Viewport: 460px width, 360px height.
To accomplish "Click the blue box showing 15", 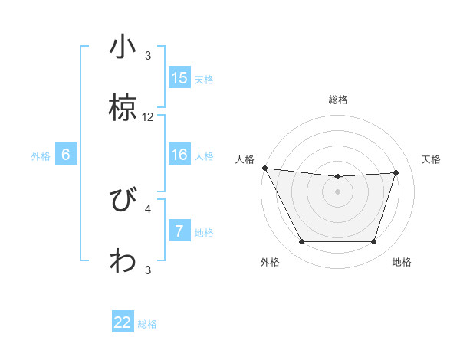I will point(179,78).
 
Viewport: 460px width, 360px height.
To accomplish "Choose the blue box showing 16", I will point(179,155).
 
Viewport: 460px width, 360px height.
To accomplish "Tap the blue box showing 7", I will point(179,231).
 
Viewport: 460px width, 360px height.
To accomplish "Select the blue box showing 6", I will point(66,155).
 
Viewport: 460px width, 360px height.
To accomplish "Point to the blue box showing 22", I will point(123,322).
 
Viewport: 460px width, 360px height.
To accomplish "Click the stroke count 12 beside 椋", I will point(148,117).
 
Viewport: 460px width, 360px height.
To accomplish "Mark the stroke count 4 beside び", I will point(148,208).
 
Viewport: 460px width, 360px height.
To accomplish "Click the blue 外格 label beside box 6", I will point(41,155).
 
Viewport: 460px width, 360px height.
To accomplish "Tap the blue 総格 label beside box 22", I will point(147,323).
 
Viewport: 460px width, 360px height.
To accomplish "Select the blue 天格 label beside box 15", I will point(204,79).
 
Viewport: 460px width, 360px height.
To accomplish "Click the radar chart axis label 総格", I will point(337,100).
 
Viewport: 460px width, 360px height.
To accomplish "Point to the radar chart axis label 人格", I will point(245,159).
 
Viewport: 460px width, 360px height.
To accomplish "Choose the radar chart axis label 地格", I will point(402,262).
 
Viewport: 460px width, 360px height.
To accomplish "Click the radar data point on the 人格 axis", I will point(264,168).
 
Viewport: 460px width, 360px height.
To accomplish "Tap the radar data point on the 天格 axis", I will point(396,172).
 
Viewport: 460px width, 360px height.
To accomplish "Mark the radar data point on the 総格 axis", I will point(337,177).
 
